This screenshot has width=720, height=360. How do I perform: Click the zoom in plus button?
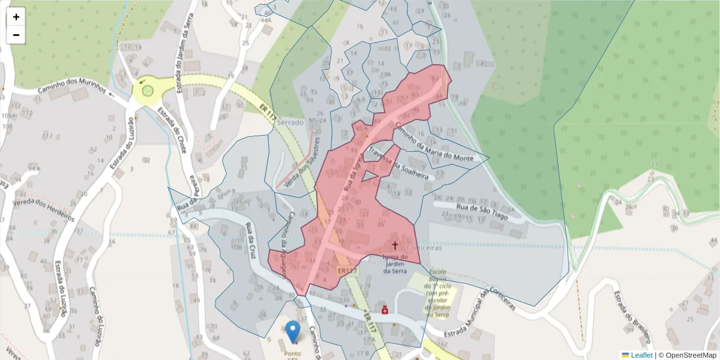click(x=16, y=17)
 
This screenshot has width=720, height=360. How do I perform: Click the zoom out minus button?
click(x=16, y=35)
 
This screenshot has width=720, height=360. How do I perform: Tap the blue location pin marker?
click(x=293, y=331)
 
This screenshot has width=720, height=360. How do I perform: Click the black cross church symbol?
click(x=395, y=245)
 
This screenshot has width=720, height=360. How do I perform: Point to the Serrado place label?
click(x=291, y=122)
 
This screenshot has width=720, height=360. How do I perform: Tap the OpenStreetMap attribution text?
click(x=688, y=355)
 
